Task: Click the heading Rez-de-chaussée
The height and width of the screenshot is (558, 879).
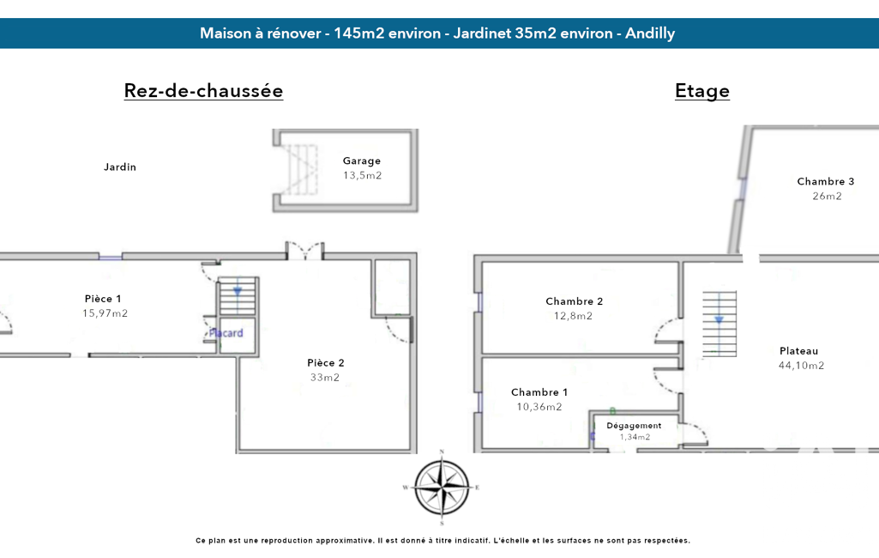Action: click(x=203, y=90)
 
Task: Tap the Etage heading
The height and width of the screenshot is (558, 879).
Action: click(x=701, y=91)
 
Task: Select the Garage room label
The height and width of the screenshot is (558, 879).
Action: click(x=362, y=161)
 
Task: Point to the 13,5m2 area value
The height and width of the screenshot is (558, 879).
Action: click(x=362, y=175)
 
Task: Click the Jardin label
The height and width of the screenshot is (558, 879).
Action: click(x=120, y=167)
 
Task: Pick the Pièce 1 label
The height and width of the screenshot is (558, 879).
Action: click(x=103, y=299)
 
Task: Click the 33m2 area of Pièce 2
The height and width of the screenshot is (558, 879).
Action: click(x=325, y=377)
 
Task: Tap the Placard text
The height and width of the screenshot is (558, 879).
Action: click(x=226, y=333)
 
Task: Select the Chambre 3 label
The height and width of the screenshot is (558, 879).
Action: click(x=826, y=181)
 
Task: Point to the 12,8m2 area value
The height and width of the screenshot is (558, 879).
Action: click(x=573, y=316)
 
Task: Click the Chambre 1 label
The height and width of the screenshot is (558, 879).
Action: click(x=539, y=391)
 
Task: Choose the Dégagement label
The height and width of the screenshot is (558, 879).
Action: click(x=634, y=426)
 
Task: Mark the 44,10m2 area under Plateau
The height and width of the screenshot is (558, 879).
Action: click(x=801, y=366)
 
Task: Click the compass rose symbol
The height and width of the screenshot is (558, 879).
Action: click(x=442, y=488)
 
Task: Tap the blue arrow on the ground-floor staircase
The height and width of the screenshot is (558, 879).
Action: click(x=238, y=292)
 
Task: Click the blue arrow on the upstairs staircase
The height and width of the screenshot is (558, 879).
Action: click(x=719, y=320)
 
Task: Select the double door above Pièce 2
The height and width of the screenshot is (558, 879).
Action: click(x=305, y=251)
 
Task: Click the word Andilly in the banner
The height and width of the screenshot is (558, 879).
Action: click(x=650, y=33)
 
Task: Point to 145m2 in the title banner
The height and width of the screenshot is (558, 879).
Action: click(x=358, y=33)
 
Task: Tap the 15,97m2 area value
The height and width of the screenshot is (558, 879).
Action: click(x=105, y=313)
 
